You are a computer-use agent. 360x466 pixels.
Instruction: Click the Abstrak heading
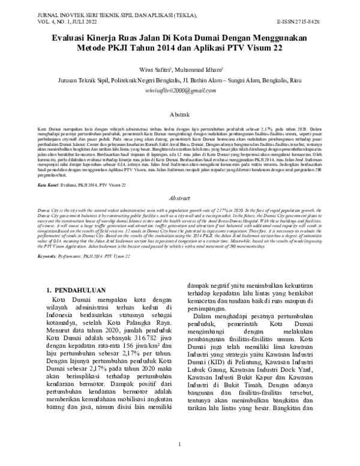pyautogui.click(x=180, y=112)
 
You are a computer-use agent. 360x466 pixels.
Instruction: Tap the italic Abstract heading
pyautogui.click(x=180, y=196)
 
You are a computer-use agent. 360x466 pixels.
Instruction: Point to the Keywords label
pyautogui.click(x=50, y=256)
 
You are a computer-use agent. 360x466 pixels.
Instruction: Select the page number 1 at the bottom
pyautogui.click(x=180, y=444)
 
